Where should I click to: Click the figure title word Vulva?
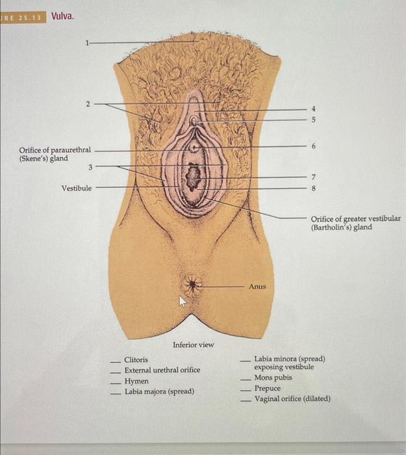point(62,16)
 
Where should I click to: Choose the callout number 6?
point(313,147)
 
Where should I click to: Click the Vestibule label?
point(77,188)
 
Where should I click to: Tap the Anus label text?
point(257,286)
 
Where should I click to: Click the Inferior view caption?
point(193,344)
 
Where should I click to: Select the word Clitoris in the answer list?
point(136,359)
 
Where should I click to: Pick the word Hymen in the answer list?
point(136,381)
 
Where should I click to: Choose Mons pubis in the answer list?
point(273,378)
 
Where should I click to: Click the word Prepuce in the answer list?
point(268,388)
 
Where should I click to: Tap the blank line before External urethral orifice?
point(114,371)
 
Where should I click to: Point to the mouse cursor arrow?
point(183,301)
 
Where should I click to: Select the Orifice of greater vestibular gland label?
point(355,223)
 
